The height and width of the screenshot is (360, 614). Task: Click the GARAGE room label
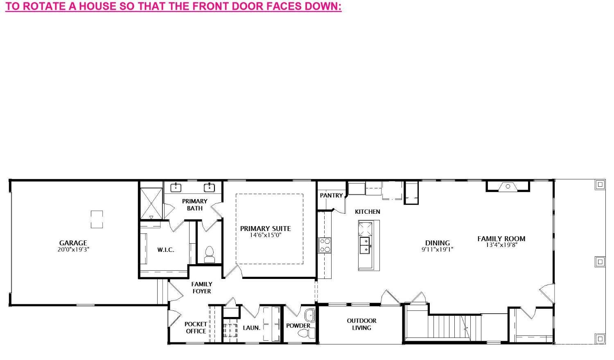73,243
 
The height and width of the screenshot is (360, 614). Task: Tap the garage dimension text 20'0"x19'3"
73,249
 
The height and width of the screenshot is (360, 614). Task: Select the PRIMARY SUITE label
265,229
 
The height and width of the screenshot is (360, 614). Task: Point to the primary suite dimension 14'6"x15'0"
265,235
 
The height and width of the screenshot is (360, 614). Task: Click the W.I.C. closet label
165,250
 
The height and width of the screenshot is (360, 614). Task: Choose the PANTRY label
332,195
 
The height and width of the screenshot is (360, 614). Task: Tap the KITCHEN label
367,212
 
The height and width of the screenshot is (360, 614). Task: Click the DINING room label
438,243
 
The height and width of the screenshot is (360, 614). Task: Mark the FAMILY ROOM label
501,239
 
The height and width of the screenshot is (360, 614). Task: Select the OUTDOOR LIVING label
361,324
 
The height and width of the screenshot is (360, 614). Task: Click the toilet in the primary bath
210,255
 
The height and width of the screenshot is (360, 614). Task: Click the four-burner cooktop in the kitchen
325,245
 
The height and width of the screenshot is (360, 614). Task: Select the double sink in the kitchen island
365,245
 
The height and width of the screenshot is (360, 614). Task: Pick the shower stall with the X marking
151,204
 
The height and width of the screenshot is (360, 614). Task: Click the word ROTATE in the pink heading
44,6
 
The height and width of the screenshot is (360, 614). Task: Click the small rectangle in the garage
97,220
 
